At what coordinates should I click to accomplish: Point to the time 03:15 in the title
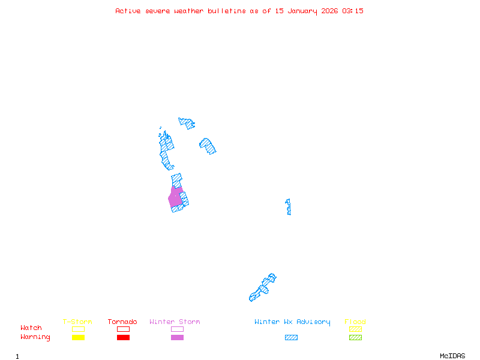point(353,11)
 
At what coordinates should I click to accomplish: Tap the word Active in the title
point(128,11)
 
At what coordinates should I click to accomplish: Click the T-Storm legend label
point(77,322)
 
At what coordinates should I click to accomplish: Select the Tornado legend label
point(122,322)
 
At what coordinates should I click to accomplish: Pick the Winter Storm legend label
point(175,322)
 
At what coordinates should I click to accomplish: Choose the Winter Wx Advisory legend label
point(292,322)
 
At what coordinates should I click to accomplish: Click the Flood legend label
point(355,322)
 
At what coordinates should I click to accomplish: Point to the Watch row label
point(31,328)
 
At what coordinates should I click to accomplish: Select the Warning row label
point(35,337)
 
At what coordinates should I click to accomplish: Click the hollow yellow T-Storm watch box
point(78,329)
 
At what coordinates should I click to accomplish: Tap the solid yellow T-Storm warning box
point(78,337)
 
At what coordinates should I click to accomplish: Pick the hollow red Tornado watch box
point(123,329)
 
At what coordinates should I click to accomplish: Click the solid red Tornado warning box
point(123,337)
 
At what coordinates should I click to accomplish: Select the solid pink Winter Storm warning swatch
point(177,337)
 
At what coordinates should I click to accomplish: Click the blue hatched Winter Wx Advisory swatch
point(291,337)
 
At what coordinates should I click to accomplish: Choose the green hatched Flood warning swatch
point(355,337)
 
